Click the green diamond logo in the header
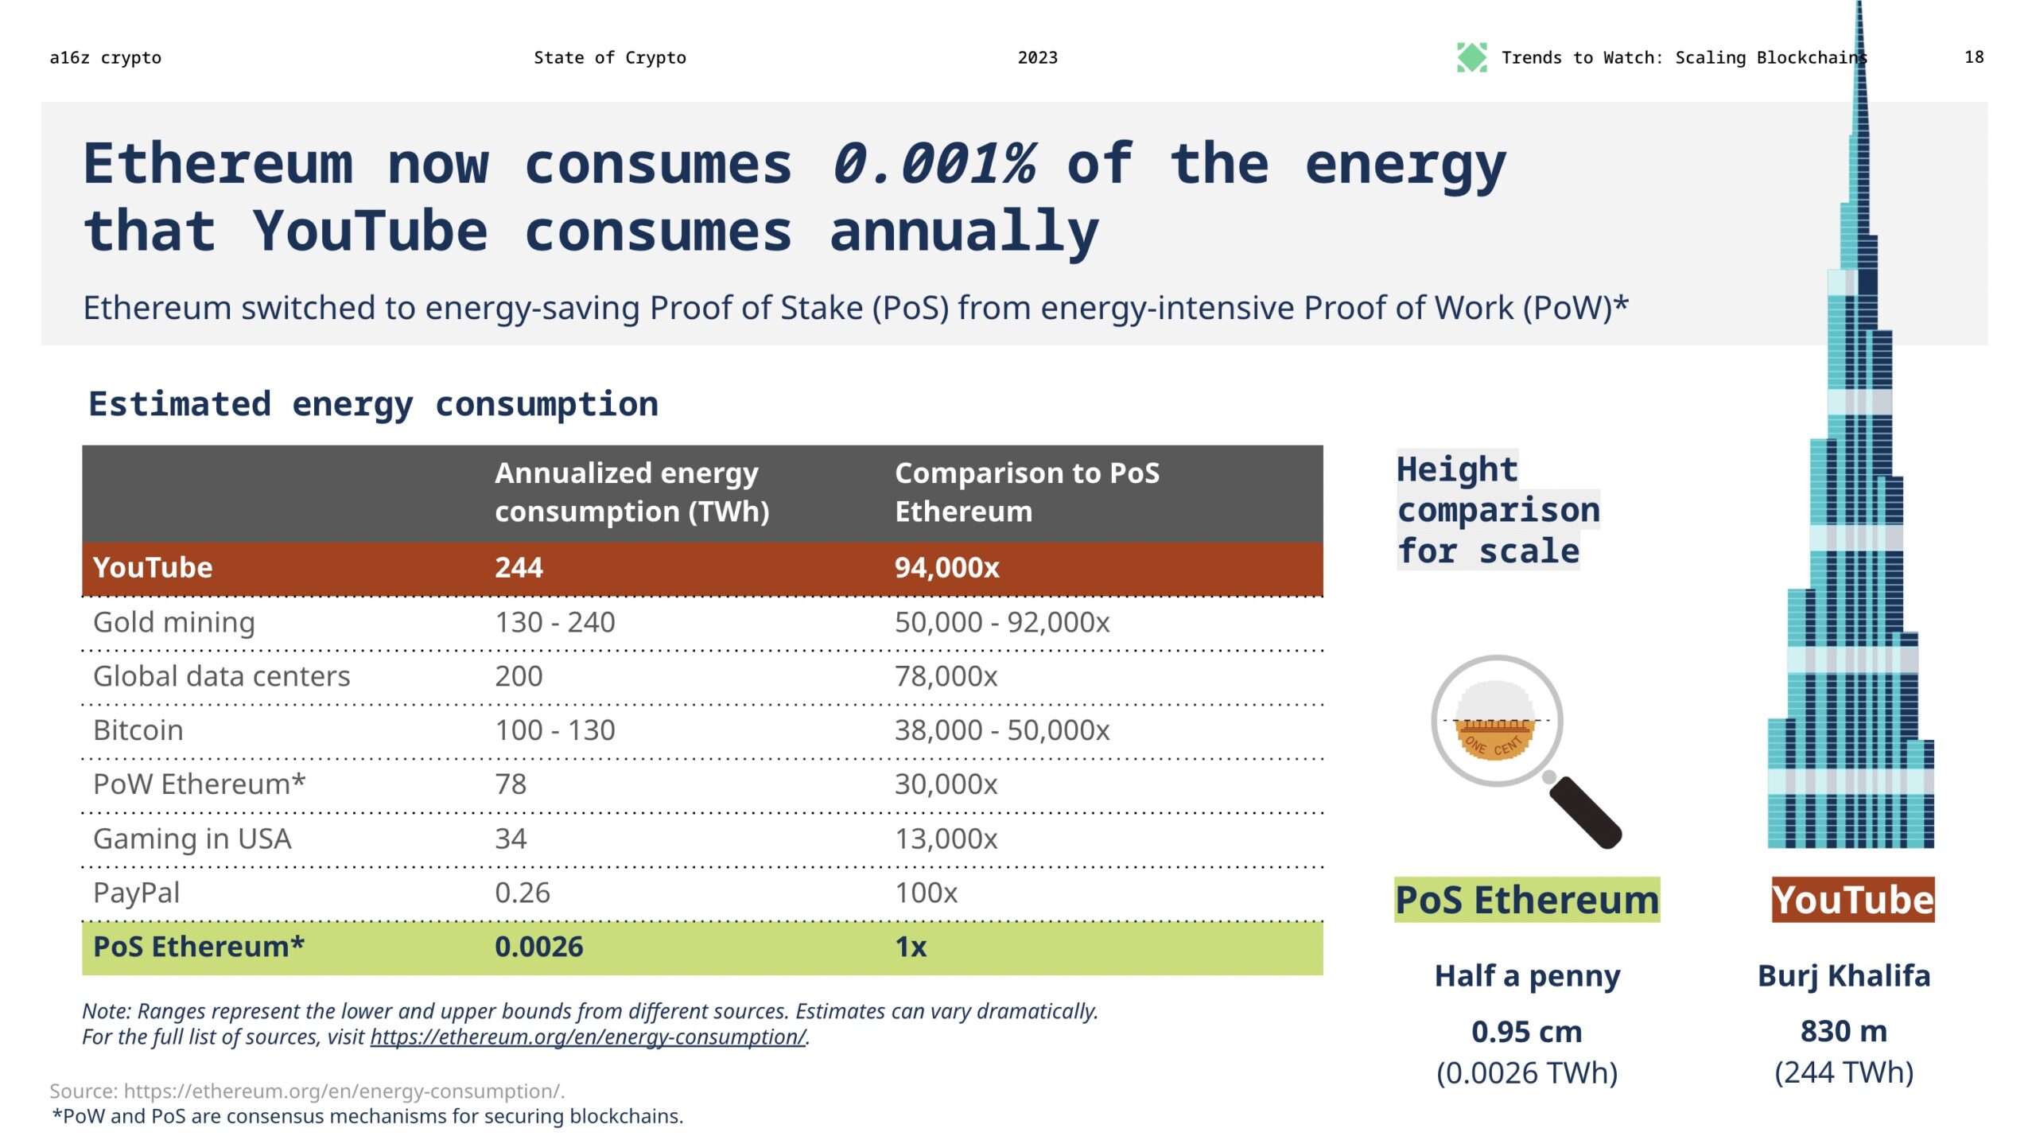click(x=1471, y=57)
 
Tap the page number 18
click(x=1973, y=57)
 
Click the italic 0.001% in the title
click(x=933, y=164)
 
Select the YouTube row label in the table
click(x=153, y=568)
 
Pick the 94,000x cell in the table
click(x=946, y=568)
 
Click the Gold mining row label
click(x=174, y=622)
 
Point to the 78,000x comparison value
click(x=946, y=676)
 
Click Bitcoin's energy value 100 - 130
click(x=554, y=730)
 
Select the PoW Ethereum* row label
click(x=199, y=784)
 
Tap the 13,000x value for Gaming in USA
click(x=946, y=839)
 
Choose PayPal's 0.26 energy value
click(x=522, y=893)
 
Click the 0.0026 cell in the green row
click(x=538, y=947)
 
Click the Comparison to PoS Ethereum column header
click(x=1026, y=492)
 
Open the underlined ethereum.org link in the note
click(x=588, y=1037)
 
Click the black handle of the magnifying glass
click(x=1587, y=813)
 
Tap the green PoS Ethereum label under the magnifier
click(x=1526, y=900)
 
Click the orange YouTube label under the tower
click(x=1852, y=900)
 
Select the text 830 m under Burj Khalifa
click(x=1843, y=1031)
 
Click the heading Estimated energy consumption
click(x=373, y=404)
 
